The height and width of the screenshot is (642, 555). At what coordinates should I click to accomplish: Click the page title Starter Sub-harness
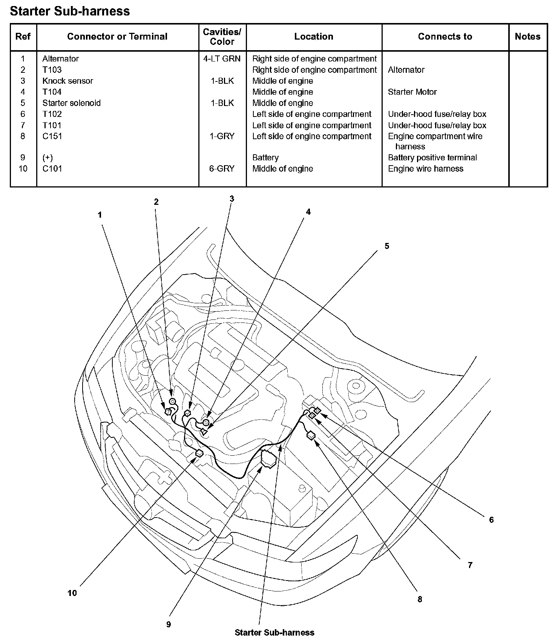coord(70,11)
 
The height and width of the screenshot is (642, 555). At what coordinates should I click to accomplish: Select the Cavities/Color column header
coord(222,37)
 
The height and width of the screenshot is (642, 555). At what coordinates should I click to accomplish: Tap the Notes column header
coord(527,37)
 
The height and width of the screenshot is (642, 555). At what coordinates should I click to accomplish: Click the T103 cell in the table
coord(52,70)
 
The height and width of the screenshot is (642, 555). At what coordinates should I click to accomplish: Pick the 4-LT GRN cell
coord(222,59)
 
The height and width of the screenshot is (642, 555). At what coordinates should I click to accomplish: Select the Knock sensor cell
coord(67,81)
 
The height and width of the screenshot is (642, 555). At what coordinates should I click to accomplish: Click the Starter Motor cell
coord(412,92)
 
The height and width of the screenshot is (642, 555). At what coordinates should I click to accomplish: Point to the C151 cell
coord(52,136)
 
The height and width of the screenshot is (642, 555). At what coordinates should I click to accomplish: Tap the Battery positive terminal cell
coord(432,158)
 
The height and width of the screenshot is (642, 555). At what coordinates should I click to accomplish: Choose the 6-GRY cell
coord(222,169)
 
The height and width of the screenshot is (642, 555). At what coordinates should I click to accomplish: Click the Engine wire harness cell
coord(425,169)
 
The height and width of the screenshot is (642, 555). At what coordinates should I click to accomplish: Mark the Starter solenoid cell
coord(71,103)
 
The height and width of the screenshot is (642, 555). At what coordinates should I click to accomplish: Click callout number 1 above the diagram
coord(100,215)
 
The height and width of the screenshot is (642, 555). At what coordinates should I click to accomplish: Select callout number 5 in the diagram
coord(387,246)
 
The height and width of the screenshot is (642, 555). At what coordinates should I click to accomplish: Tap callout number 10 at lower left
coord(72,593)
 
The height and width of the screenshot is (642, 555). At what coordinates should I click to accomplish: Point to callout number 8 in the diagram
coord(420,599)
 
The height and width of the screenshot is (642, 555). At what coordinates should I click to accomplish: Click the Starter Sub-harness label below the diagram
coord(274,633)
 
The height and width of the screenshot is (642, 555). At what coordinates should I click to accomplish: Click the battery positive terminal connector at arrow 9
coord(269,458)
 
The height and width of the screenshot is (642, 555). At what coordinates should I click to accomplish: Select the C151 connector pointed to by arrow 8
coord(311,436)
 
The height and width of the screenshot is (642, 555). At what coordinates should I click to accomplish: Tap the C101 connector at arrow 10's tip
coord(199,453)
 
